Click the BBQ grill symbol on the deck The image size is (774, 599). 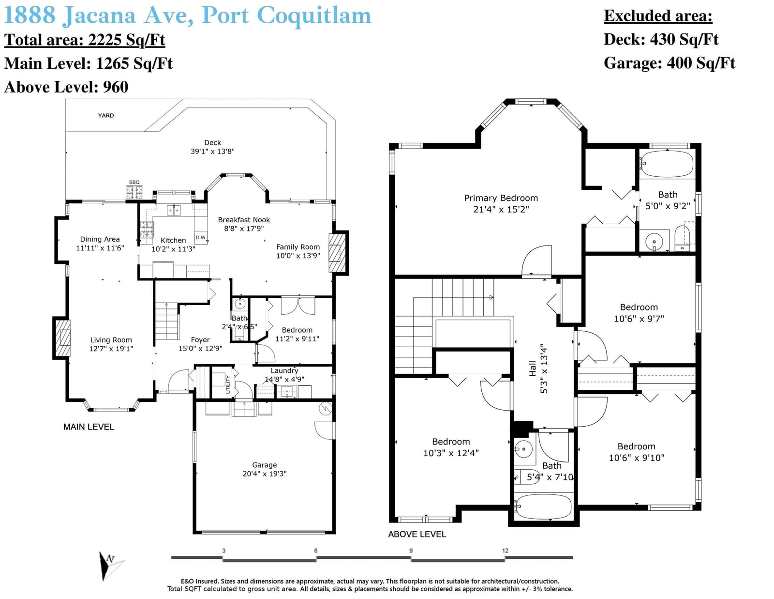134,193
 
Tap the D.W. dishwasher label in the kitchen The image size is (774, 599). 201,237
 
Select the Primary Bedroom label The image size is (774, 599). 501,198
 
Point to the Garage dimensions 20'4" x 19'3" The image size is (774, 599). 264,474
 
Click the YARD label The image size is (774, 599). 106,116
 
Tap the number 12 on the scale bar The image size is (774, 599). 505,551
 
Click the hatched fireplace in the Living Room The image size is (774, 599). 61,338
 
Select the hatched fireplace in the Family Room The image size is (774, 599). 338,253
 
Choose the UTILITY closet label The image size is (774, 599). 228,384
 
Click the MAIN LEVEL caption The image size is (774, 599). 89,427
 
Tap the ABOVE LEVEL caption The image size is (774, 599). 417,534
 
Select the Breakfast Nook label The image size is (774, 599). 244,220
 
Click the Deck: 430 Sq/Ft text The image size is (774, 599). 661,39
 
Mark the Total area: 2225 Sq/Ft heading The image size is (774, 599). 85,40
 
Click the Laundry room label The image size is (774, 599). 284,371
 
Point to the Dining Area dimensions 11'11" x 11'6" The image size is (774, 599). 100,248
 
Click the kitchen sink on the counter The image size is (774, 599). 174,210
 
